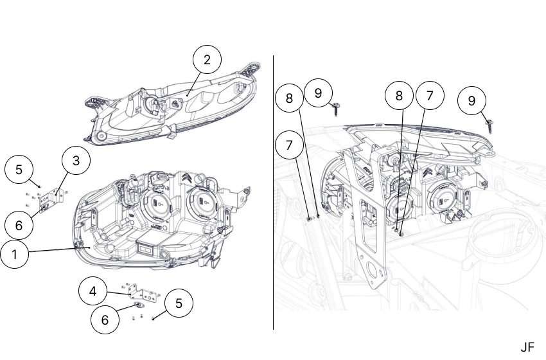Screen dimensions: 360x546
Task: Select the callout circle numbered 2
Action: pos(207,60)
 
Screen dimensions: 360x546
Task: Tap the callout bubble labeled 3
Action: pos(76,161)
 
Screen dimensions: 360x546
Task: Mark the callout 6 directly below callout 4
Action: pos(105,319)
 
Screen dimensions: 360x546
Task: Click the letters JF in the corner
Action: pos(527,347)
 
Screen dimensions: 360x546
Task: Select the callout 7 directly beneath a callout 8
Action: pos(290,146)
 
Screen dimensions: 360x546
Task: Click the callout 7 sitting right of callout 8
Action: pos(430,96)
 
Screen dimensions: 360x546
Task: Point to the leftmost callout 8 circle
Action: pos(290,98)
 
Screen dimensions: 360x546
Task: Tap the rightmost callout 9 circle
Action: pos(471,101)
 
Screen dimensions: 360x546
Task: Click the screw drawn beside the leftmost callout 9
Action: pos(337,111)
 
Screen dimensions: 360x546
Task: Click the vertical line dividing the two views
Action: pos(274,193)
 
